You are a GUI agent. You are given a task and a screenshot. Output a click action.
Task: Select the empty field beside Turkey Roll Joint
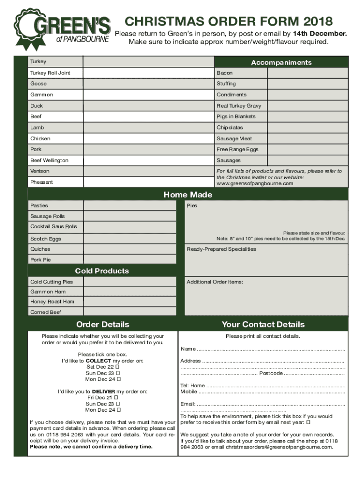148,73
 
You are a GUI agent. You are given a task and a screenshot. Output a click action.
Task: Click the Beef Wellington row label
49,160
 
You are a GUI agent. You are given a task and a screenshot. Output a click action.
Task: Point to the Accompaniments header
281,63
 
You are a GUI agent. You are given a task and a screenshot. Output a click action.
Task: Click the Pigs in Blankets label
236,116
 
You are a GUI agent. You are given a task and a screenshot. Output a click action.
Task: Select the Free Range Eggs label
237,149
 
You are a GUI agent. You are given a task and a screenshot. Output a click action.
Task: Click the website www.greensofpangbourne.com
254,183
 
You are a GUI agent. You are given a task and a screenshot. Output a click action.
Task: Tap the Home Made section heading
187,195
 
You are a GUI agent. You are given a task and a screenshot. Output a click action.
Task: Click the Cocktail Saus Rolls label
53,226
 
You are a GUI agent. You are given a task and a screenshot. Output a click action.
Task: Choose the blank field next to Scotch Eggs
130,239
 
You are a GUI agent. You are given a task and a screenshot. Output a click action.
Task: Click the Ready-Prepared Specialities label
221,249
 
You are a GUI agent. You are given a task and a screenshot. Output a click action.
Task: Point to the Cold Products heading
102,271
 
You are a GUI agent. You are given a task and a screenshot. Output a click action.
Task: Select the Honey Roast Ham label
52,302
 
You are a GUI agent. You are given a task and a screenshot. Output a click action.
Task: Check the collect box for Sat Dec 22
118,367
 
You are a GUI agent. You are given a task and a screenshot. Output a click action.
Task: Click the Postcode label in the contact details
271,373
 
